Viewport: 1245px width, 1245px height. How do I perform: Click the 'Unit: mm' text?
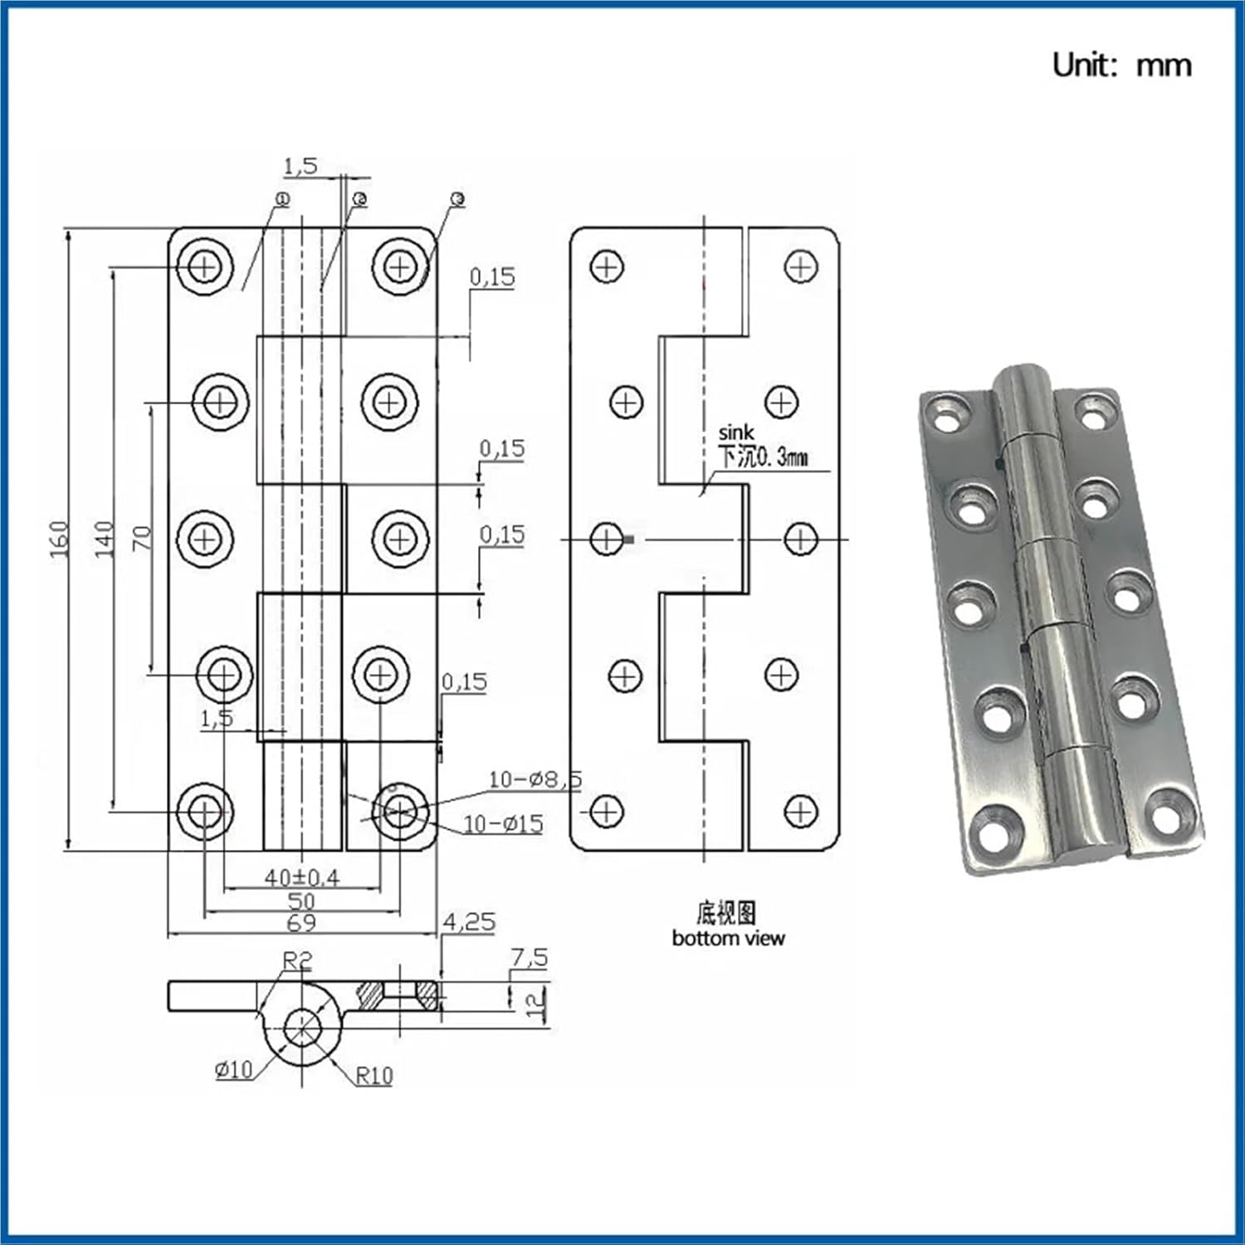[x=1121, y=65]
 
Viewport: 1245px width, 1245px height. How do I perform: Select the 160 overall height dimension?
[x=59, y=539]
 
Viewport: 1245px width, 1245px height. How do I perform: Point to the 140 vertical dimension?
[x=104, y=539]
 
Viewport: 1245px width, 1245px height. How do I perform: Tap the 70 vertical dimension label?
[x=143, y=538]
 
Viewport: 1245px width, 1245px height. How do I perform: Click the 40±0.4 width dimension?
[x=301, y=877]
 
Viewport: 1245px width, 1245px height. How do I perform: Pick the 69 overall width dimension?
[x=301, y=923]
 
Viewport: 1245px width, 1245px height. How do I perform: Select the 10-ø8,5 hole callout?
[x=535, y=779]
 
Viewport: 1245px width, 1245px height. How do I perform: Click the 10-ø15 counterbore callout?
[x=503, y=824]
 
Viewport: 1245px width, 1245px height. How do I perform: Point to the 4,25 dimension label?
[x=469, y=922]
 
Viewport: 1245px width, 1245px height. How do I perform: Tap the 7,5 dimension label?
[x=529, y=958]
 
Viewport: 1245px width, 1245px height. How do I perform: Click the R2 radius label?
[x=297, y=961]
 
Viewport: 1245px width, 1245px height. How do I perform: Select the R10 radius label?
[x=374, y=1077]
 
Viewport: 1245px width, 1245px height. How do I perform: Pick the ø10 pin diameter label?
[x=233, y=1070]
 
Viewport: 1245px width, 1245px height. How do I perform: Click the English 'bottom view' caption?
[x=728, y=939]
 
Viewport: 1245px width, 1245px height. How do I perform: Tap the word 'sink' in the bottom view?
[x=736, y=432]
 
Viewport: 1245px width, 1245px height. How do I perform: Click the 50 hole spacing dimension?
[x=301, y=901]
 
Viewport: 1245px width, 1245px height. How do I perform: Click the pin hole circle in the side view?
[x=302, y=1028]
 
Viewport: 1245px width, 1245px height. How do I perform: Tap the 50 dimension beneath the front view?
[x=301, y=901]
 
